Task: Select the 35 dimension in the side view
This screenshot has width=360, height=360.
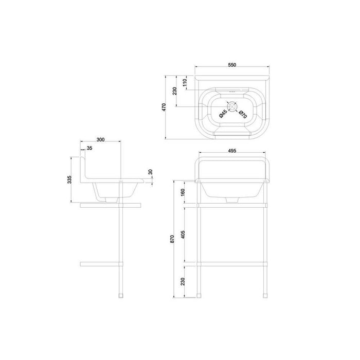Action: (89, 148)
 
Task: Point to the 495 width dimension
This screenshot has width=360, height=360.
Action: (231, 151)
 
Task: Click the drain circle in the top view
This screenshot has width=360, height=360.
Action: (232, 106)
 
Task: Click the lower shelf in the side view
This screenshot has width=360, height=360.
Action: (103, 264)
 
